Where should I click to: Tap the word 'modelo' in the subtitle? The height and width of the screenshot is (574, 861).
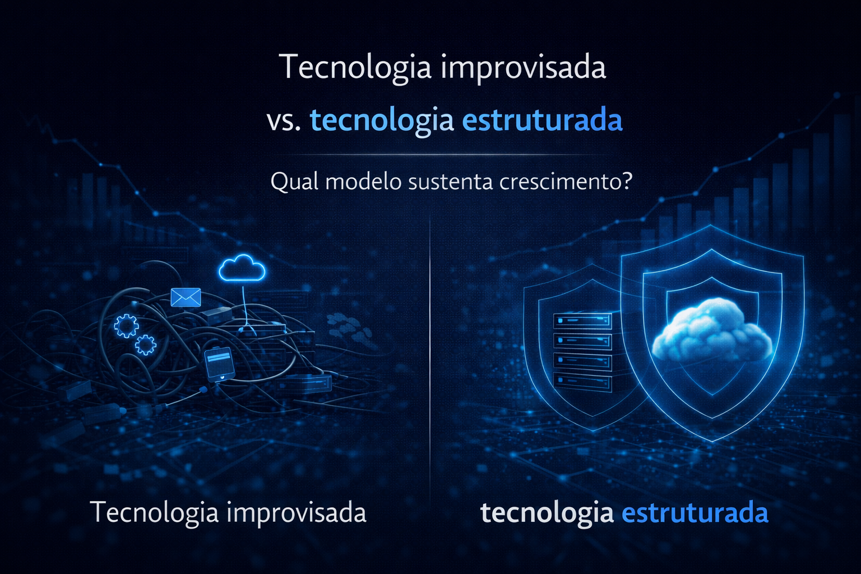[x=363, y=182]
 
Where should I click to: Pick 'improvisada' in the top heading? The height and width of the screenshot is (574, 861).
[x=524, y=68]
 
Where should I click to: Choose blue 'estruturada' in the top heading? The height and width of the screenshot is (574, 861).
[x=543, y=121]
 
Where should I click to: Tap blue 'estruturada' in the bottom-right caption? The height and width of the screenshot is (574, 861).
[x=695, y=512]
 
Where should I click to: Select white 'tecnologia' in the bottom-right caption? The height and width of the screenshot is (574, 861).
[x=547, y=512]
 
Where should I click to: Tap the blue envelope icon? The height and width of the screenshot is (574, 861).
[x=186, y=297]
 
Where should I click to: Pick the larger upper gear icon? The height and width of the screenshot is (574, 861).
[x=126, y=325]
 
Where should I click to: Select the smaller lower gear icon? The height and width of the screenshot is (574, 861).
[x=146, y=344]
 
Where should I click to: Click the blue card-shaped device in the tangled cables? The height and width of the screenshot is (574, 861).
[x=218, y=363]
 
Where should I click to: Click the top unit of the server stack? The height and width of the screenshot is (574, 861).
[x=582, y=321]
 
